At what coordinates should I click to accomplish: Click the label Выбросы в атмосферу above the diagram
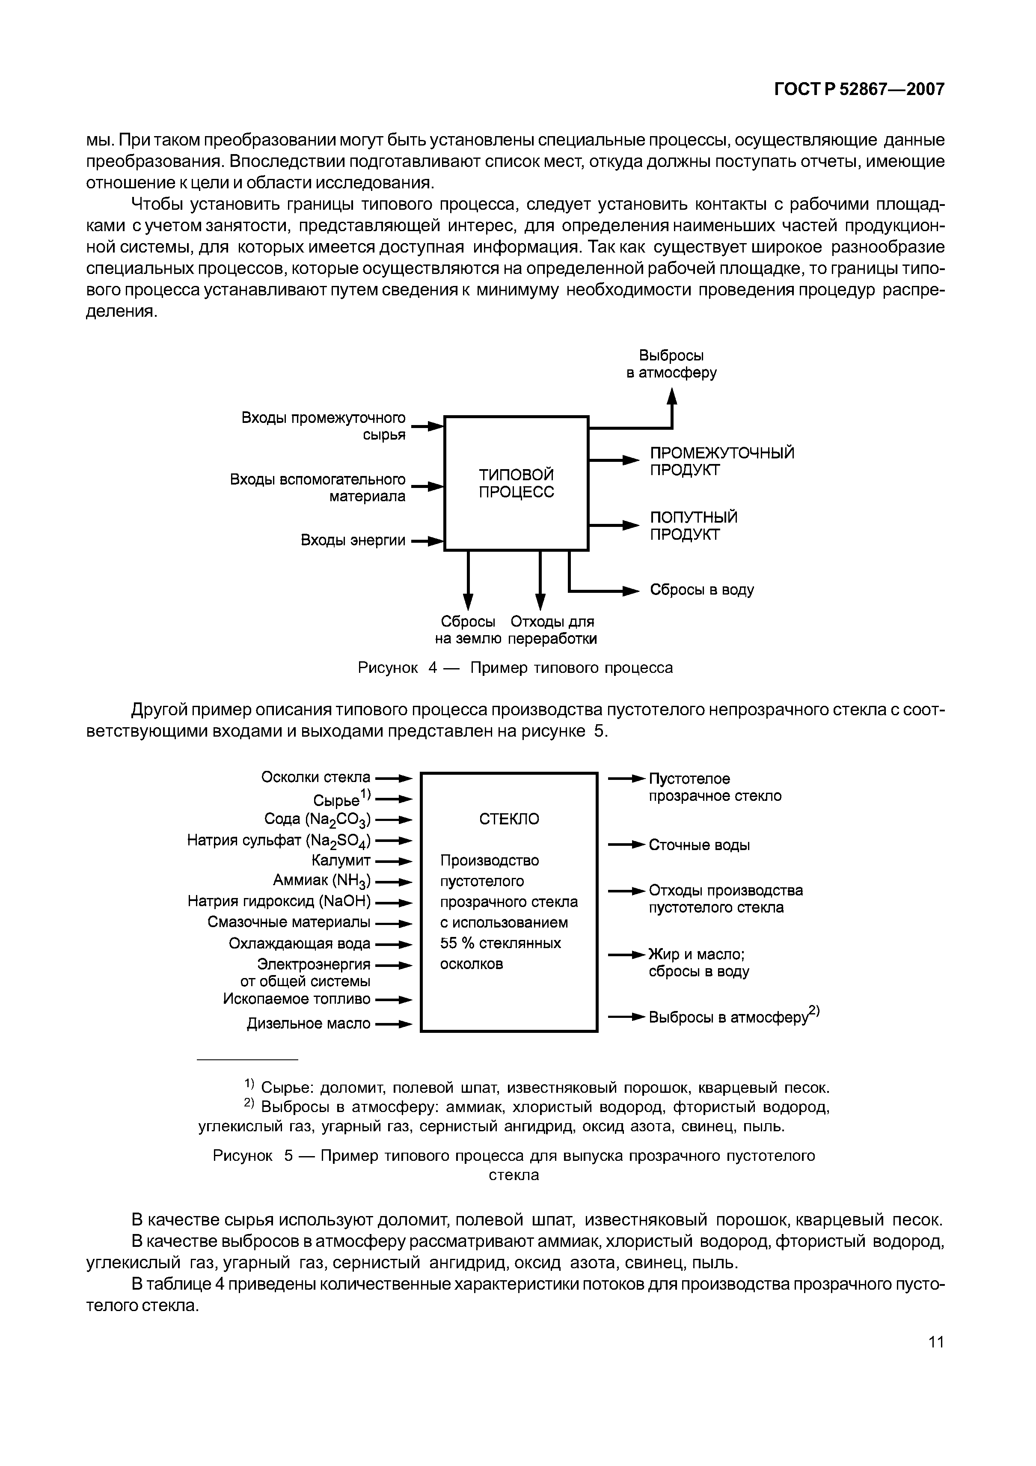coord(671,364)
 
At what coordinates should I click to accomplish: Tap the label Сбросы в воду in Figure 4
coord(701,590)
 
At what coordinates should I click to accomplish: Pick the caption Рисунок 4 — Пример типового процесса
coord(515,668)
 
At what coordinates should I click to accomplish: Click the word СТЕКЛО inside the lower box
coord(509,819)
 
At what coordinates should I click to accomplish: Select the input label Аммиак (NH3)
coord(322,881)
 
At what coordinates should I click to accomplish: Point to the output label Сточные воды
coord(699,845)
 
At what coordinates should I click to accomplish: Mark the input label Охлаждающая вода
coord(300,944)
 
